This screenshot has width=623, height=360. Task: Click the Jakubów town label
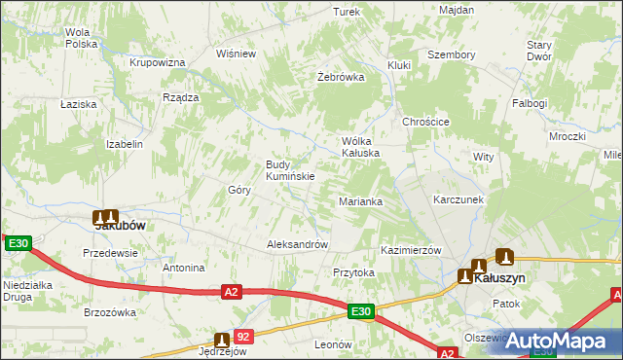click(120, 225)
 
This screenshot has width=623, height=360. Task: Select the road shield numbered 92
click(243, 336)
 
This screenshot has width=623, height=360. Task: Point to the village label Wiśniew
click(236, 54)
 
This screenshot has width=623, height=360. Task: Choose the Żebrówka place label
click(341, 77)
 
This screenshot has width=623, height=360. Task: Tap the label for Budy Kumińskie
click(290, 170)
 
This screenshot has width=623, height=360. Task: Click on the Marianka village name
click(360, 201)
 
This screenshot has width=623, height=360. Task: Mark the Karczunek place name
click(458, 198)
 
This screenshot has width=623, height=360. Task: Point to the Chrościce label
click(425, 122)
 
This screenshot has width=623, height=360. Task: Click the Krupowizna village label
click(158, 62)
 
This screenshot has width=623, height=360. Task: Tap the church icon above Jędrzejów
click(222, 340)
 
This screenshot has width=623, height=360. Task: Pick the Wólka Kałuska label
click(359, 146)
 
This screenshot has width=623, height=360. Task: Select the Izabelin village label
click(125, 144)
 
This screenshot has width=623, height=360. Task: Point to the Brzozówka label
click(110, 312)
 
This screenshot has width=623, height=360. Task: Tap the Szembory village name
click(452, 54)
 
